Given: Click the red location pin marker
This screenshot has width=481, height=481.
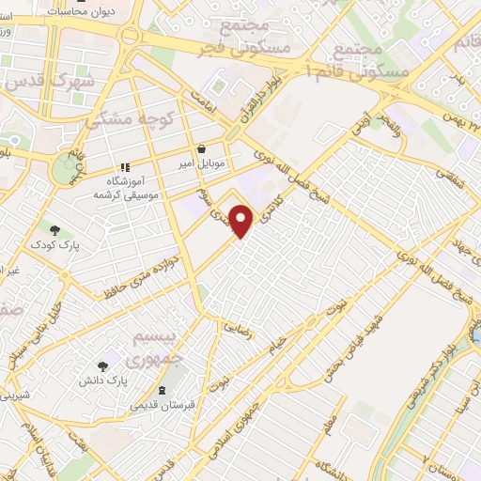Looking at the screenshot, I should point(242,222).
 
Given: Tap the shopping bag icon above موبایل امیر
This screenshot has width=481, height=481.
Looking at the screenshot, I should point(202,148).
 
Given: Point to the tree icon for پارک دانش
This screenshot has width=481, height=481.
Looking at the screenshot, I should point(102,365).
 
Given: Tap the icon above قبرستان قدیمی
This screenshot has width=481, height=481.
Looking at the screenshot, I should point(163,390).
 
